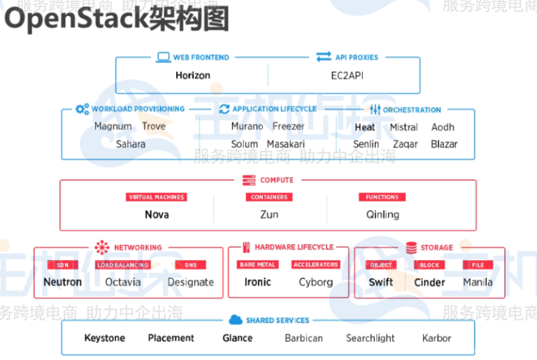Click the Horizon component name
tap(192, 75)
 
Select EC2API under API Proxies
tap(347, 75)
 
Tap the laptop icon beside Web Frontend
tap(164, 57)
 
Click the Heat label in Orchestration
tap(364, 127)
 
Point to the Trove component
tap(154, 127)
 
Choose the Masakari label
tap(285, 144)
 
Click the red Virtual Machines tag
tap(157, 197)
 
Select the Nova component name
tap(157, 215)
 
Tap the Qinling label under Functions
tap(382, 215)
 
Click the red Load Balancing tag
tap(122, 265)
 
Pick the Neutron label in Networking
tap(62, 282)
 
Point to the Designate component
tap(190, 282)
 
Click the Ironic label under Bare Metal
tap(257, 282)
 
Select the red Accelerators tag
tap(315, 265)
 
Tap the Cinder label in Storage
tap(429, 282)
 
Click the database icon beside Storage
tap(410, 247)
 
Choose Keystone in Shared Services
tap(104, 338)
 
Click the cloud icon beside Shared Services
tap(234, 320)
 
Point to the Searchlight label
tap(370, 338)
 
